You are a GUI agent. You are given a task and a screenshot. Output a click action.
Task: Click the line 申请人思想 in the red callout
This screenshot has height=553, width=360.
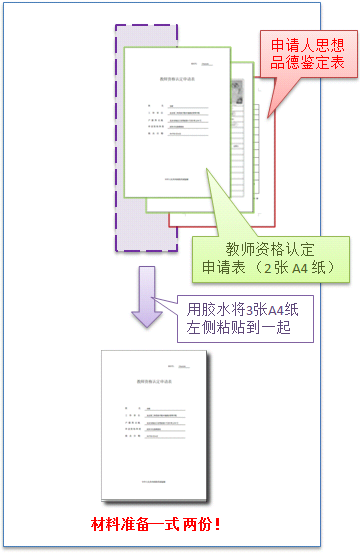[x=302, y=46]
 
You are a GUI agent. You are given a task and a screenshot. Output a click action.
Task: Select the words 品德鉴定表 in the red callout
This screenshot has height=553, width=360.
[x=302, y=63]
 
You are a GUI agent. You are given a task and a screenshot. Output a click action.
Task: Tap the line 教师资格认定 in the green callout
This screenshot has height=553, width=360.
[x=272, y=249]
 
